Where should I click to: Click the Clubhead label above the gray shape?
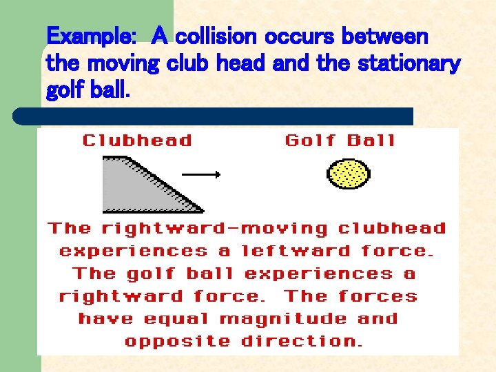[137, 141]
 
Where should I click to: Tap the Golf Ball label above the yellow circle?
[340, 141]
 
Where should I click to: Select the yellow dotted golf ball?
[348, 174]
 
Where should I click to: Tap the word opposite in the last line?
[178, 342]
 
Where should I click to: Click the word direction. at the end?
[302, 342]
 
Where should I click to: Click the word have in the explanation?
[107, 319]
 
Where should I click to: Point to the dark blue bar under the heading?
[214, 116]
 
